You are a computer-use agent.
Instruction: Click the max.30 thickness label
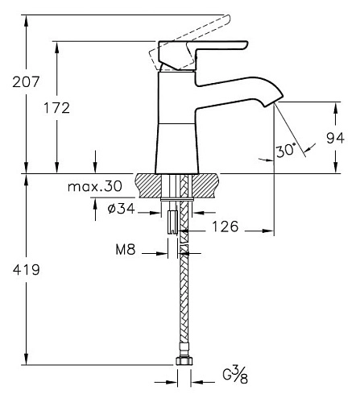[x=94, y=186]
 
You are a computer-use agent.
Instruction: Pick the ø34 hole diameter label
[x=121, y=210]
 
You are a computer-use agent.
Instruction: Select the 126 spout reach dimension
[x=225, y=228]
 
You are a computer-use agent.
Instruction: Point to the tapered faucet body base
[x=176, y=145]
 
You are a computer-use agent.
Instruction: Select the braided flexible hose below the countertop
[x=182, y=306]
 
